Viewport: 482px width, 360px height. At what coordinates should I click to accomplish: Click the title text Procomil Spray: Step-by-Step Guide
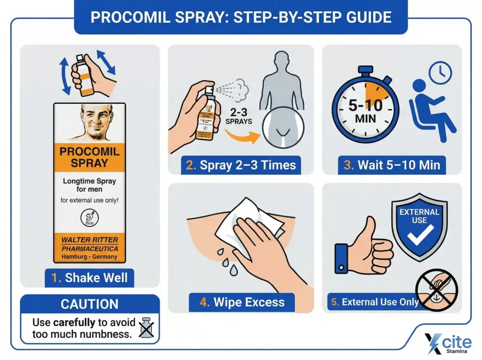pos(241,17)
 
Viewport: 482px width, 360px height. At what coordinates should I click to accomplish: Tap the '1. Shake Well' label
pos(89,277)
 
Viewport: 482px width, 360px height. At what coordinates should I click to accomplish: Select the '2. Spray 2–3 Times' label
pos(241,165)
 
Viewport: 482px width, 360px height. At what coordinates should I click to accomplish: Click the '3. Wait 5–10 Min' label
pos(392,165)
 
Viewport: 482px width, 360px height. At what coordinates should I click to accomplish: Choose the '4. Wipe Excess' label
pos(241,302)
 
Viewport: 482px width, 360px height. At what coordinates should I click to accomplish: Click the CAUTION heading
pos(89,304)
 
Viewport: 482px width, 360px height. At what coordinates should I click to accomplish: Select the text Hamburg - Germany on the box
pos(89,257)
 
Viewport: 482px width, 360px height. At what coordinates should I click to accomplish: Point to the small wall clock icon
pos(440,72)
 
